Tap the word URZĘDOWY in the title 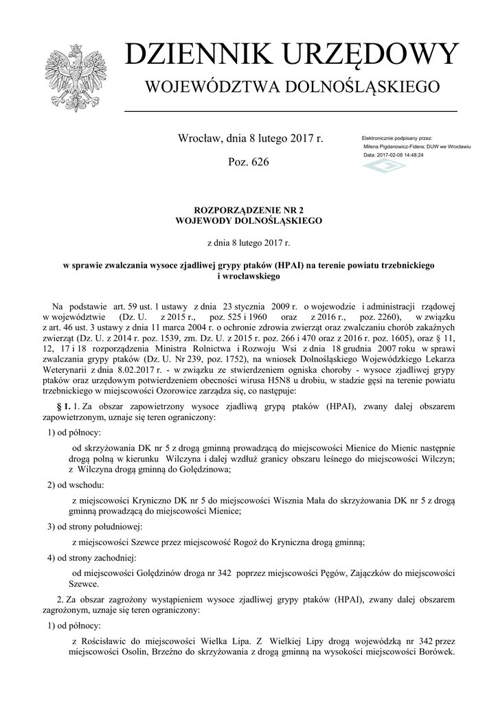[374, 56]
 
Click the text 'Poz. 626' [248, 162]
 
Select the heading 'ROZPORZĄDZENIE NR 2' [249, 211]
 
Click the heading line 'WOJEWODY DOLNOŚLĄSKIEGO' [249, 221]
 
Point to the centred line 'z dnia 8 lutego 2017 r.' [249, 242]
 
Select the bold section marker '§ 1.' [61, 406]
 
